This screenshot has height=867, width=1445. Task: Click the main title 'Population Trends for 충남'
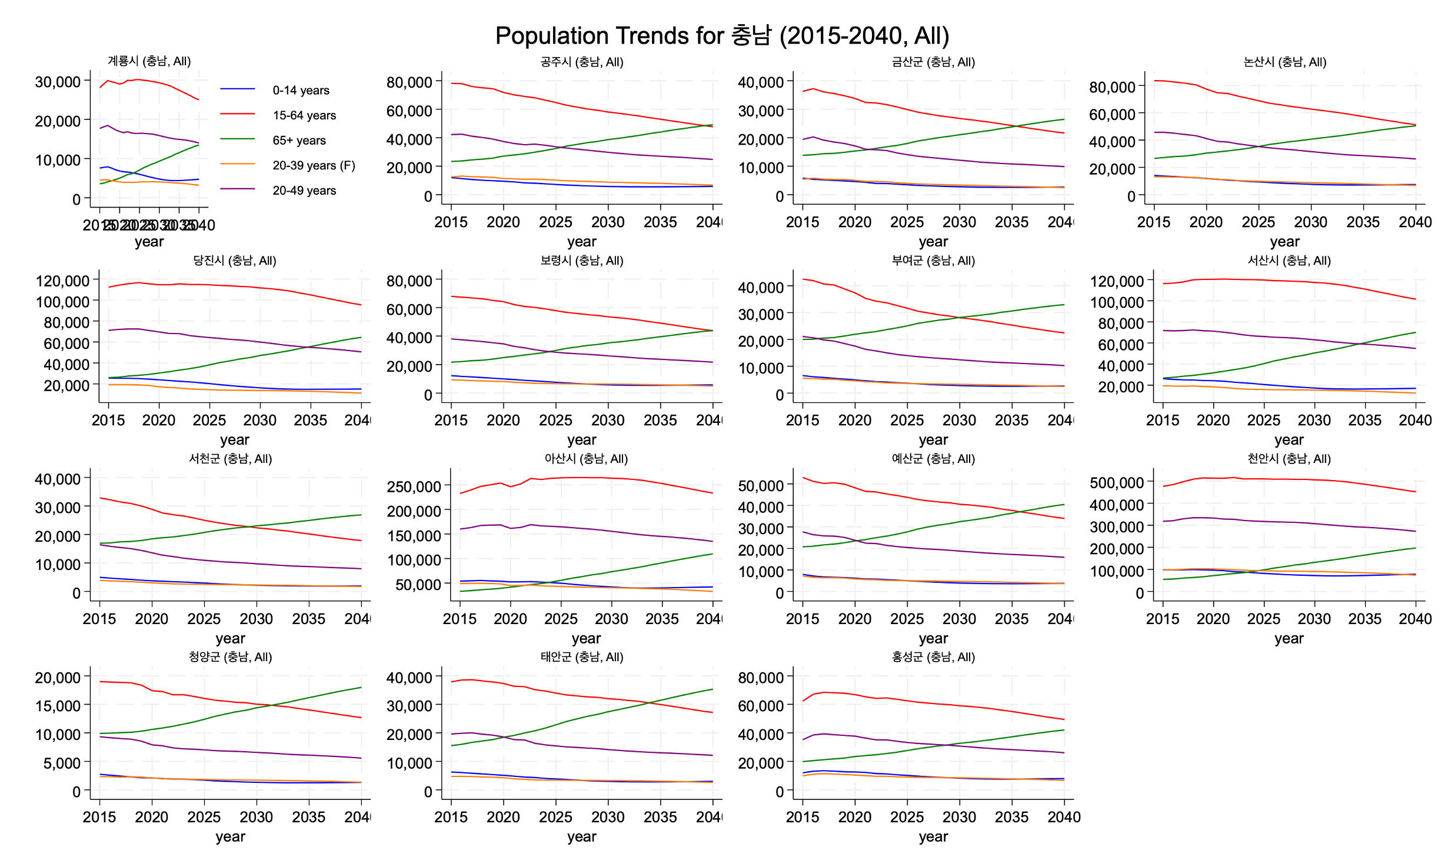722,36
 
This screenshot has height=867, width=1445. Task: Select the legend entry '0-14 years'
301,91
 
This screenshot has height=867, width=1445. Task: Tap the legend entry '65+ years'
299,141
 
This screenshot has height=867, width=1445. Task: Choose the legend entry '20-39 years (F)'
314,166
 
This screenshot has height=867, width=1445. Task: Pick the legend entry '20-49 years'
304,191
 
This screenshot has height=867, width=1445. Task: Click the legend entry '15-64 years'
304,116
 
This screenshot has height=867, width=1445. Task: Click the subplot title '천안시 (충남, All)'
1288,459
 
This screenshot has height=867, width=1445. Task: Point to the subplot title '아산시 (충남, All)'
586,459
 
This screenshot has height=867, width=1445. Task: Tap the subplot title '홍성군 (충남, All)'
933,657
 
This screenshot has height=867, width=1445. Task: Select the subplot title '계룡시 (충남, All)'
149,61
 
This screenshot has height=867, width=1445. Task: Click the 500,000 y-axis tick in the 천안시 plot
1117,483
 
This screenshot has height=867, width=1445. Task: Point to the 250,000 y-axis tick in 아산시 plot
414,487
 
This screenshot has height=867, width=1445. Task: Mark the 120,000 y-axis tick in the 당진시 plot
62,281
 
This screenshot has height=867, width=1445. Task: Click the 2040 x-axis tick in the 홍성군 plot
1064,817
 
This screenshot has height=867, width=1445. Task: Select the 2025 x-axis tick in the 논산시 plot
1258,222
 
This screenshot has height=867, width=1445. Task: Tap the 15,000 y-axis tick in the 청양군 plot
58,706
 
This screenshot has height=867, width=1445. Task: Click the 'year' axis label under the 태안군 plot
581,837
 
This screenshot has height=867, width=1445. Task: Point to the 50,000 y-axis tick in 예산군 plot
761,486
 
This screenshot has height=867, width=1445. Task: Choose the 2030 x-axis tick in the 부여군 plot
959,421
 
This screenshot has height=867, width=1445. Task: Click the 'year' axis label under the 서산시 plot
1288,440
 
